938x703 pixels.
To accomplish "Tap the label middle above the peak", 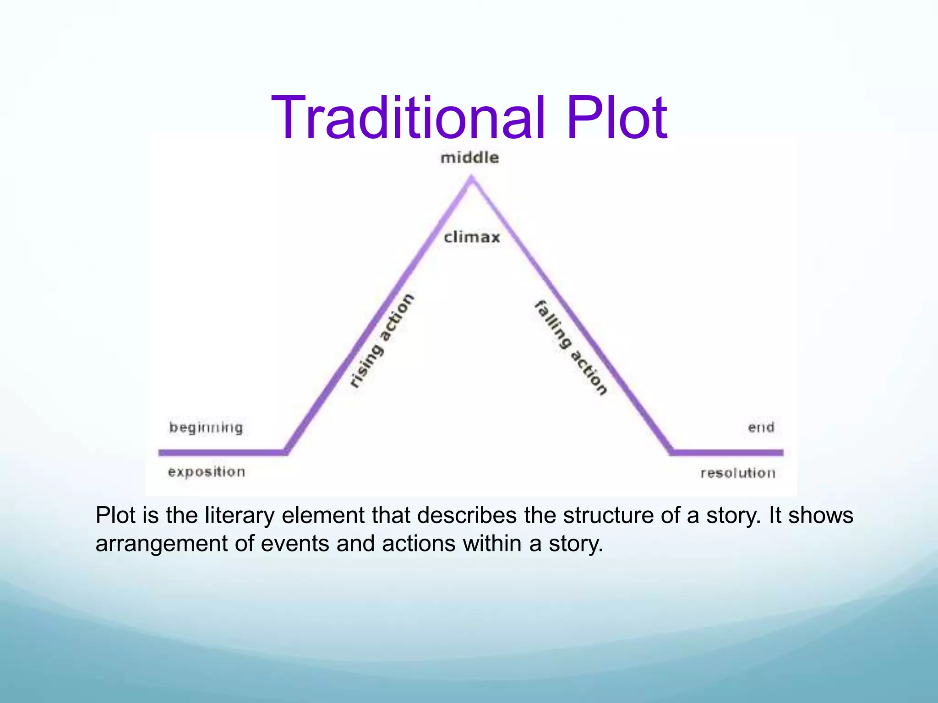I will [x=469, y=158].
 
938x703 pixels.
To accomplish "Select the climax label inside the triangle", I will [x=472, y=237].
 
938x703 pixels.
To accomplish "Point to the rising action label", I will [x=382, y=341].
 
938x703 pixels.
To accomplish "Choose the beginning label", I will [x=206, y=428].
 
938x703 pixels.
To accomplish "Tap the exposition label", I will [x=207, y=472].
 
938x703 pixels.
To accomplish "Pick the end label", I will [x=761, y=427].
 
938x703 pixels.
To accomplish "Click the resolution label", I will [x=738, y=473].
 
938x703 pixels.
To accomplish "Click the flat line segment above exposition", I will [x=222, y=453].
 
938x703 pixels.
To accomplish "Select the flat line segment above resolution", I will [x=728, y=453].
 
